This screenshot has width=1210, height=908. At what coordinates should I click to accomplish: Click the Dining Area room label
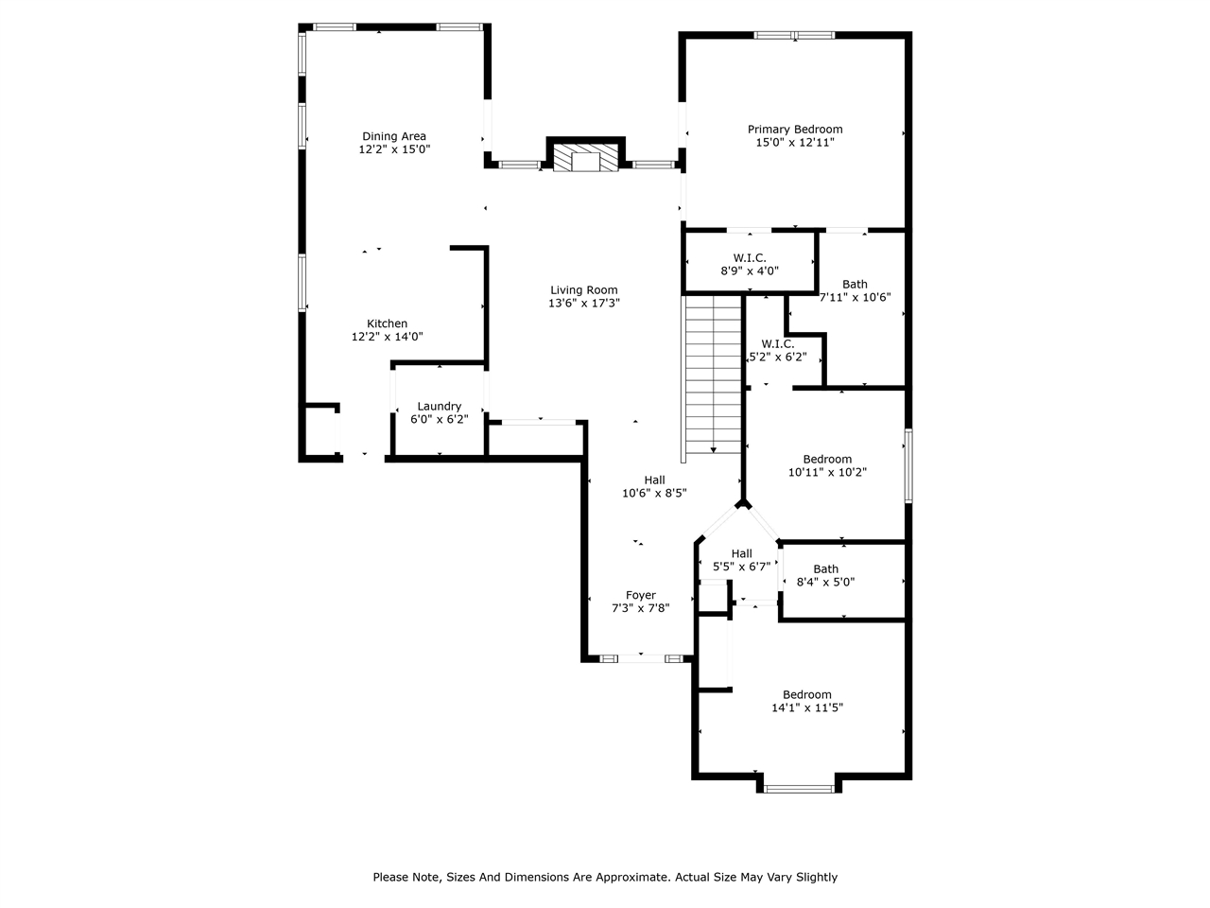coord(394,136)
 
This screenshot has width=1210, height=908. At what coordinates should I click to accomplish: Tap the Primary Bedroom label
coord(795,130)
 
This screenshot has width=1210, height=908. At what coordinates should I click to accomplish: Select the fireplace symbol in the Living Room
coord(586,158)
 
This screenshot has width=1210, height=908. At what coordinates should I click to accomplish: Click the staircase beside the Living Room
coord(713,374)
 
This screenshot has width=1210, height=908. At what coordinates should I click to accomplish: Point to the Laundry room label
coord(440,407)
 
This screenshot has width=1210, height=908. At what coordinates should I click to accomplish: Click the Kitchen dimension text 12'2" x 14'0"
coord(387,337)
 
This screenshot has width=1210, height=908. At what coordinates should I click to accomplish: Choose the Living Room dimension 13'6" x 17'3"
coord(584,304)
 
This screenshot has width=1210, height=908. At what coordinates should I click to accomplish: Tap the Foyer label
coord(640,596)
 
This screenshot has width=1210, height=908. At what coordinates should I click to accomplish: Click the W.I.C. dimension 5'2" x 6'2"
coord(777,358)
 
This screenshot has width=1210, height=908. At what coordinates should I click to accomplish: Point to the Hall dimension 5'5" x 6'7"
coord(741,567)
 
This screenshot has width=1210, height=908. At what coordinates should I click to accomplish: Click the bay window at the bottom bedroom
coord(799,787)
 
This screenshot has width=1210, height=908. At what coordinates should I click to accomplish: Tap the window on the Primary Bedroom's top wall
coord(794,36)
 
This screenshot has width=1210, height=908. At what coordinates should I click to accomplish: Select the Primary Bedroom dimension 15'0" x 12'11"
coord(795,143)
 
